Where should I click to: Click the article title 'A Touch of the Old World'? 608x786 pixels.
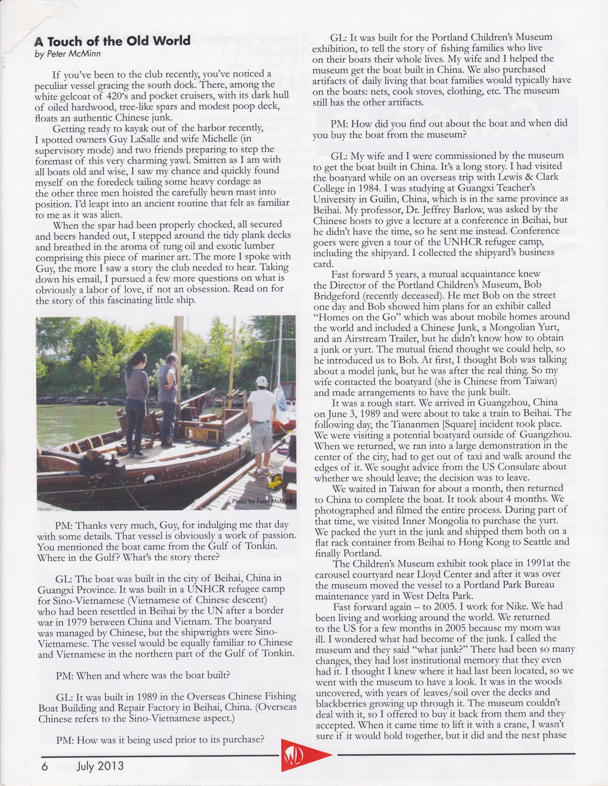(x=112, y=41)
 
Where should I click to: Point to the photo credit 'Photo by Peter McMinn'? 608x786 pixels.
(x=262, y=501)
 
